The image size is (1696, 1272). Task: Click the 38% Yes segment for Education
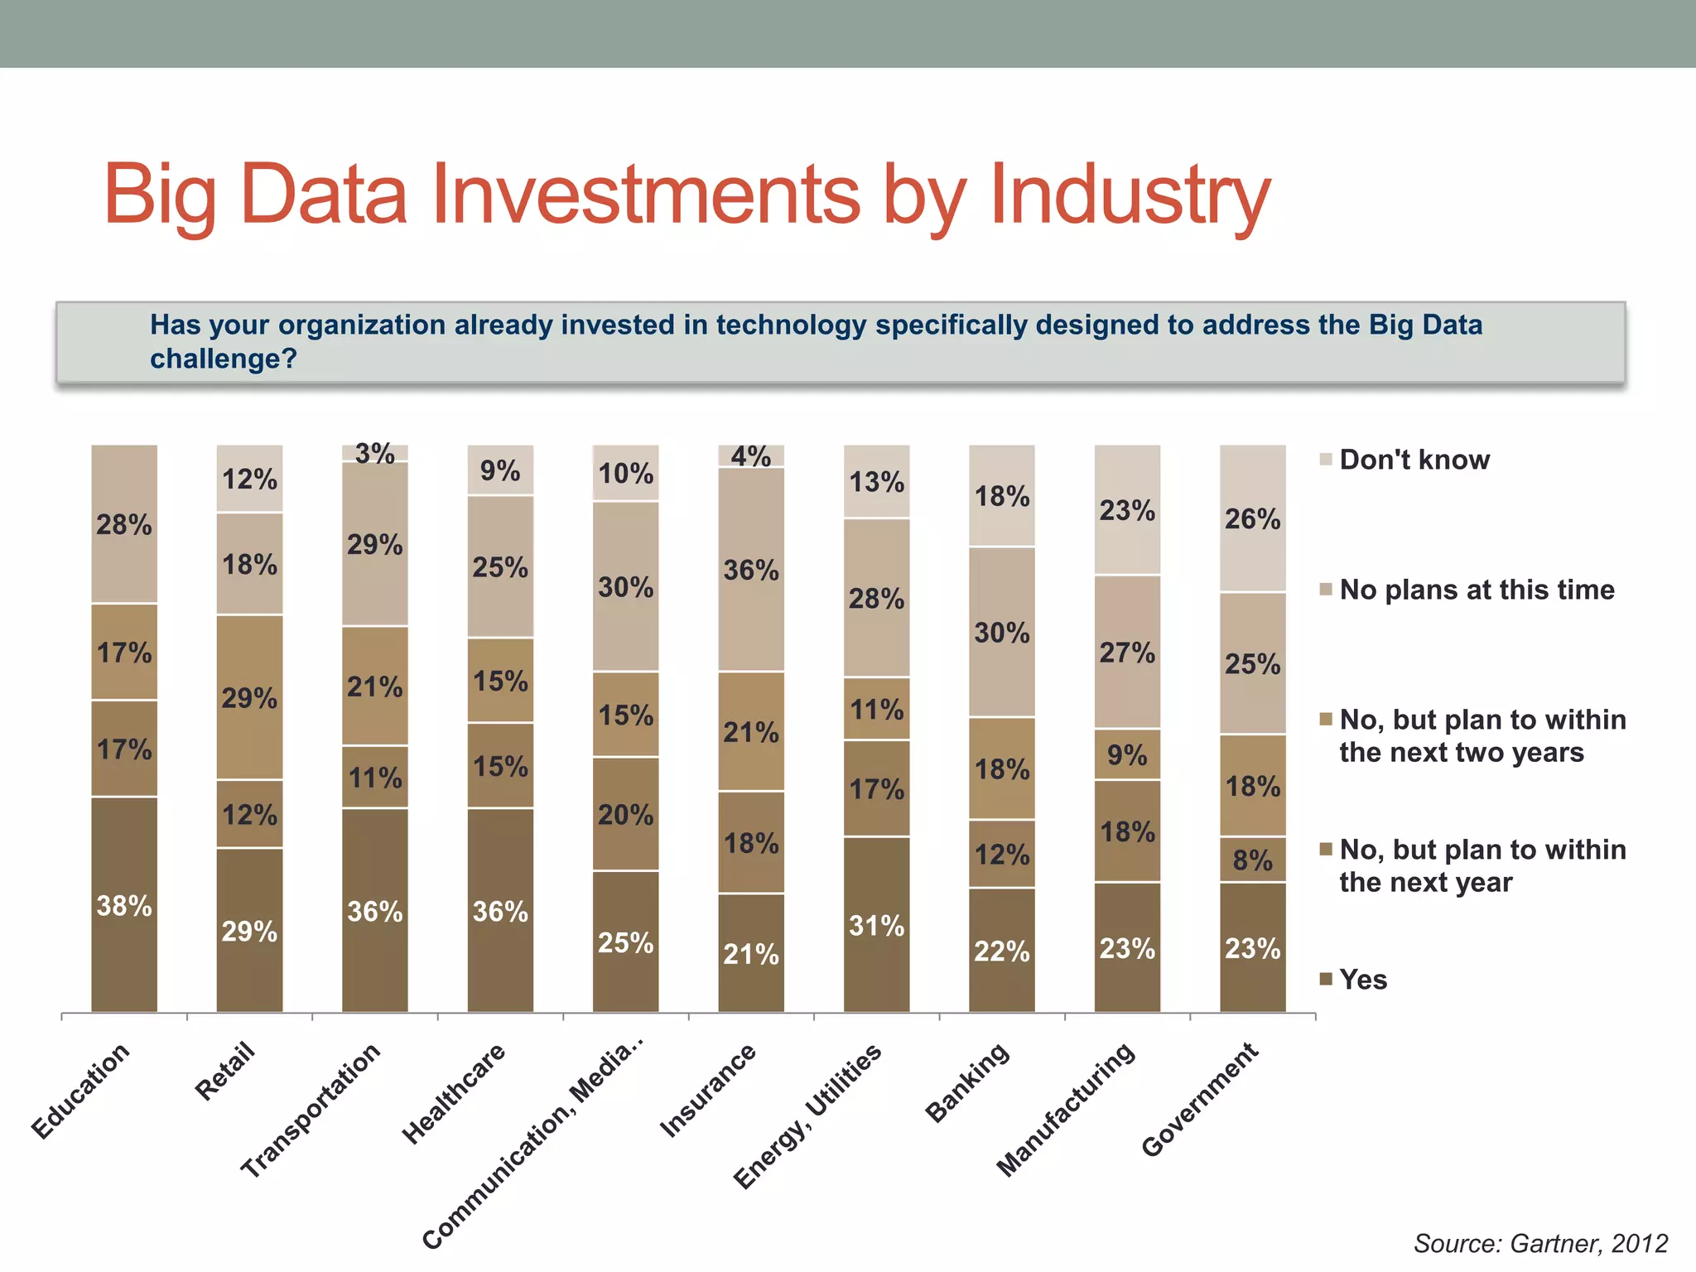point(124,905)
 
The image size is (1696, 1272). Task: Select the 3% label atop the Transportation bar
point(375,454)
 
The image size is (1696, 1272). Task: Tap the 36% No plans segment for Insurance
point(751,570)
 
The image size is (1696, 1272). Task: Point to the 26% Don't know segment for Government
point(1252,519)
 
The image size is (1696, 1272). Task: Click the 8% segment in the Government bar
point(1252,860)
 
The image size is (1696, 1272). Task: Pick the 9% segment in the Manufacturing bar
point(1127,754)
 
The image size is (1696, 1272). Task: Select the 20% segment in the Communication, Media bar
point(626,814)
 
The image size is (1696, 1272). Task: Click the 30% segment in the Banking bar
point(1002,633)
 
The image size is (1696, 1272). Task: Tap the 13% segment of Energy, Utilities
point(876,482)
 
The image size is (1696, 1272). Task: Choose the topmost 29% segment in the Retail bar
point(249,697)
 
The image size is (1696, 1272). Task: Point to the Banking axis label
point(967,1082)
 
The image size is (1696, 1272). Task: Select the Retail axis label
point(225,1072)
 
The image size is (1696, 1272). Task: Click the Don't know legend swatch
point(1326,460)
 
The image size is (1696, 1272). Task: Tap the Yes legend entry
point(1363,980)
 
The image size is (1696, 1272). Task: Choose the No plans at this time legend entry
point(1477,590)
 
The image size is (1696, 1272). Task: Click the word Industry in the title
point(1130,195)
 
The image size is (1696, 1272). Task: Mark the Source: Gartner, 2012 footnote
point(1540,1243)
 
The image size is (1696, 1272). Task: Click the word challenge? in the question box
point(223,359)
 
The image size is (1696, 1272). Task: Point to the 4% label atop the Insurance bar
point(751,456)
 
